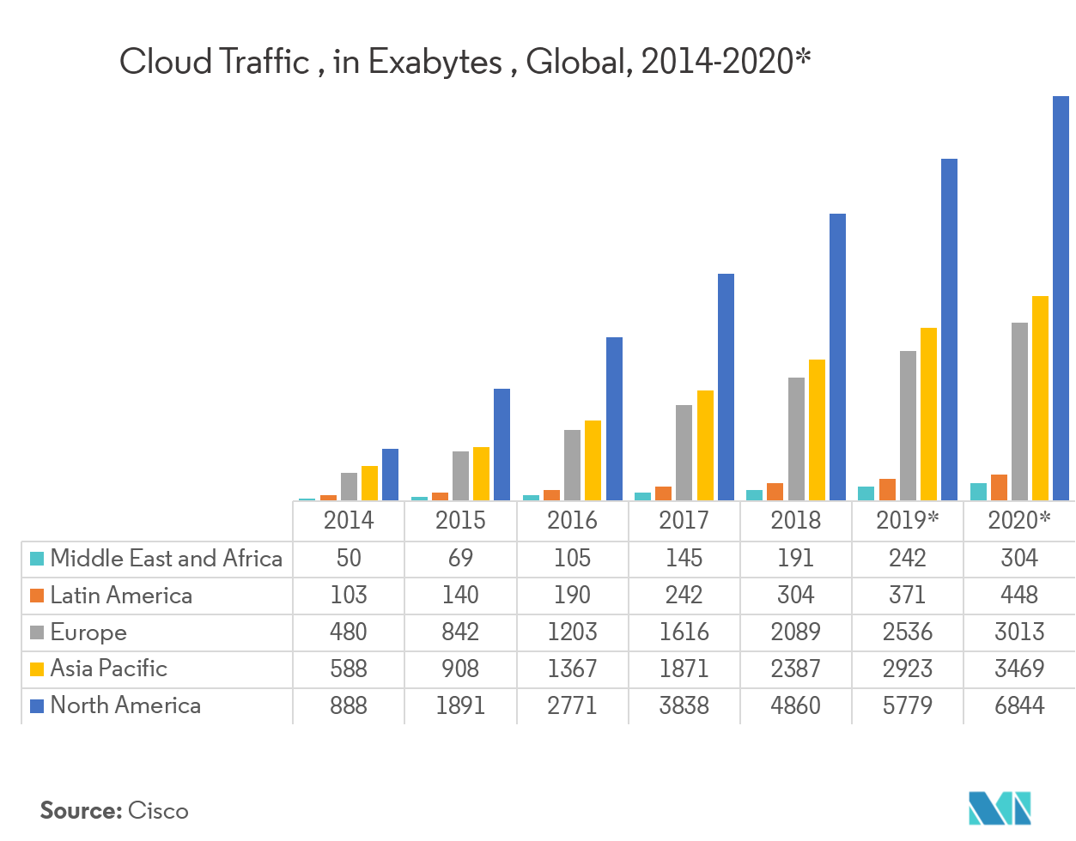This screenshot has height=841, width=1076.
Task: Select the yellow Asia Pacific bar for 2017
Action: click(x=705, y=445)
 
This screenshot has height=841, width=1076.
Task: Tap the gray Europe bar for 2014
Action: click(x=349, y=487)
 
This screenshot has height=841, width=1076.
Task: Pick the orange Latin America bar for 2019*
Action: click(x=887, y=489)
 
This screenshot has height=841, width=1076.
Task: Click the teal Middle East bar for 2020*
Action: click(x=977, y=491)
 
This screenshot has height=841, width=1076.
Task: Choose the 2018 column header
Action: click(x=795, y=520)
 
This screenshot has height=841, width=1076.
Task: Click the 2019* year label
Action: click(x=908, y=520)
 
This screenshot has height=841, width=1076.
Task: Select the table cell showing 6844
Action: click(x=1019, y=705)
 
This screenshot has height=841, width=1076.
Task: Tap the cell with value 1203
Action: click(x=572, y=632)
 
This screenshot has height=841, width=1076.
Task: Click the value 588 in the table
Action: click(x=349, y=669)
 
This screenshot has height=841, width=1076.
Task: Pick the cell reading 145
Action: click(x=684, y=559)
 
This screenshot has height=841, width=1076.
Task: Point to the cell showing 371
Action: click(x=908, y=596)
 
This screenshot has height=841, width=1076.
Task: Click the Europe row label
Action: click(x=88, y=632)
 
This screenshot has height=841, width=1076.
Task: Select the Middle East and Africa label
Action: click(x=166, y=559)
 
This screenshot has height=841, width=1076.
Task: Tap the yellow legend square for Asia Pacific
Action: click(x=37, y=669)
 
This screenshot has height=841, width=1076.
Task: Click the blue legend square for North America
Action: click(x=37, y=706)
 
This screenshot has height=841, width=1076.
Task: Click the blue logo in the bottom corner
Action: click(x=999, y=808)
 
